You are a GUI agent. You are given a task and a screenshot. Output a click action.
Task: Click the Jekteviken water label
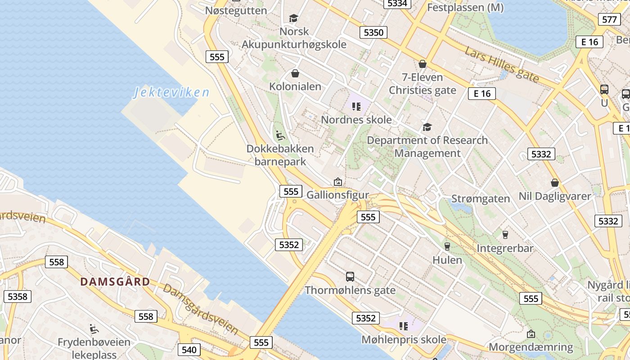point(171,93)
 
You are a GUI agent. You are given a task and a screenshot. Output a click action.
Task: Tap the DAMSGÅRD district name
point(115,282)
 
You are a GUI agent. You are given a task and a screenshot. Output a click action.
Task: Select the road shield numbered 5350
point(373,32)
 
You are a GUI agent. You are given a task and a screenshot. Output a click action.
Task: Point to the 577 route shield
point(609,19)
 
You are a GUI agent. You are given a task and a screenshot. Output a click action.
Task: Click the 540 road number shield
point(189,350)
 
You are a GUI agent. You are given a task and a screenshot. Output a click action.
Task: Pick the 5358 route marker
point(18,296)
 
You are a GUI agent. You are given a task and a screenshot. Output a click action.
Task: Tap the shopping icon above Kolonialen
point(295,73)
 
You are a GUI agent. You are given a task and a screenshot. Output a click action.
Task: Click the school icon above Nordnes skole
point(356,107)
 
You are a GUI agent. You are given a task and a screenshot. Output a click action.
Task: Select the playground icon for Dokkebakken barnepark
point(280,135)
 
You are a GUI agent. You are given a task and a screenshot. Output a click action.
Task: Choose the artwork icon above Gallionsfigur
point(337,182)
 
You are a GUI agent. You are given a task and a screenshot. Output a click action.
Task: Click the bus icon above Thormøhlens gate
point(350,276)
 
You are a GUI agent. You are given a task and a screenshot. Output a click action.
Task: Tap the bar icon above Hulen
point(447,246)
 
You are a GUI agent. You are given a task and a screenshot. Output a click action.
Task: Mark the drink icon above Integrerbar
point(505,234)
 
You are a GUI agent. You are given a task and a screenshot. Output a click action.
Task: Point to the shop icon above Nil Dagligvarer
point(555,183)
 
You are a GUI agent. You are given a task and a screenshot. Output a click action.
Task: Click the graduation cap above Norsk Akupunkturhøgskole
point(294,18)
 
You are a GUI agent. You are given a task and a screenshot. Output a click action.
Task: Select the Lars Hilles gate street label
point(502,65)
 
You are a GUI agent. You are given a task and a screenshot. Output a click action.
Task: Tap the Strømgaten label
point(481,199)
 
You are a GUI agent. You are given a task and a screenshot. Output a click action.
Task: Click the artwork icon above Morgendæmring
point(531,334)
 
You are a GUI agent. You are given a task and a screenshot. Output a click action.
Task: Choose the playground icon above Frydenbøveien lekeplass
point(94,329)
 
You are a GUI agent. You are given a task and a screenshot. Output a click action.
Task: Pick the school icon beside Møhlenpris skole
point(403,326)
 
